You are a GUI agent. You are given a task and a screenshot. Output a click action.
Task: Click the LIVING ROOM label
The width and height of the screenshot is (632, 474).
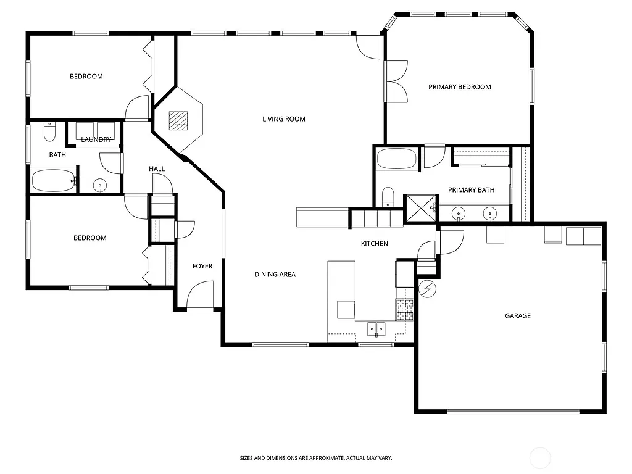[284, 119]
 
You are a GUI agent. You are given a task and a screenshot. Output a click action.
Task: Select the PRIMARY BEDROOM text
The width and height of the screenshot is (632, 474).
[460, 87]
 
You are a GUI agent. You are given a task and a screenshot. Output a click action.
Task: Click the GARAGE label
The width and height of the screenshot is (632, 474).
[518, 316]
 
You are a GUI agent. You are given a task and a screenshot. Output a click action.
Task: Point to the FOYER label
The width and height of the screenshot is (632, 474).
[202, 267]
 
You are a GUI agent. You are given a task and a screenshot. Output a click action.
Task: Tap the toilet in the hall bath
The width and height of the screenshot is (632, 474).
[50, 131]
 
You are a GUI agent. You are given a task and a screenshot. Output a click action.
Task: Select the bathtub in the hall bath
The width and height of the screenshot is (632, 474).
[53, 181]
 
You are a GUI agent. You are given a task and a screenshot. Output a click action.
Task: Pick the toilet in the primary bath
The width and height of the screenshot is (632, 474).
[388, 197]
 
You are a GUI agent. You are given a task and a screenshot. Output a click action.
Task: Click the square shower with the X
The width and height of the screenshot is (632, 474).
[419, 208]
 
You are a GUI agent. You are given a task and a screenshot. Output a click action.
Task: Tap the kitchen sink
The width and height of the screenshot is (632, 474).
[376, 328]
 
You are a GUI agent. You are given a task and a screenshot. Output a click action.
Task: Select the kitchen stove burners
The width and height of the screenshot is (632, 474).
[404, 309]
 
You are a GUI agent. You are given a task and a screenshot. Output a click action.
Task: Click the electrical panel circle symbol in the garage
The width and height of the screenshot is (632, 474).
[427, 288]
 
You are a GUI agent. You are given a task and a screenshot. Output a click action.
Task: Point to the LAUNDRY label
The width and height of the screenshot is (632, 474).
[96, 139]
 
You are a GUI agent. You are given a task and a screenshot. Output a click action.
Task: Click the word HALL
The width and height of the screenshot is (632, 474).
[157, 169]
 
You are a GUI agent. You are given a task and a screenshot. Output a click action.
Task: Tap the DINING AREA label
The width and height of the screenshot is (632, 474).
[275, 275]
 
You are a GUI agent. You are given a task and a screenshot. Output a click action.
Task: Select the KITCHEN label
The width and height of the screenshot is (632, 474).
[375, 244]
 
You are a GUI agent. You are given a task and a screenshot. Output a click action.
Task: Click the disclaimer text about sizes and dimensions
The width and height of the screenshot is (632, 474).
[316, 458]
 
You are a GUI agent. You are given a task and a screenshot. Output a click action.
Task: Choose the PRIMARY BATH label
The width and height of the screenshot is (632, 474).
[472, 190]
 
